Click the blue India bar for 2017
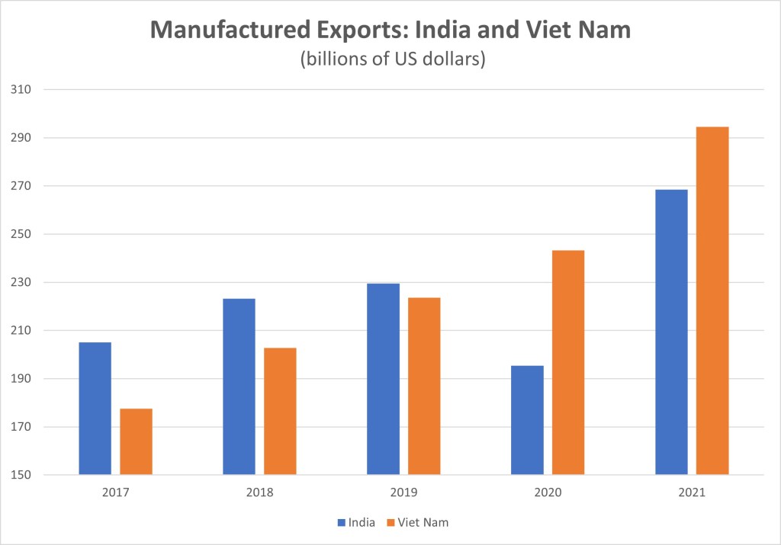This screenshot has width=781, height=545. (95, 409)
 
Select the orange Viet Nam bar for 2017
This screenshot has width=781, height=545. (136, 442)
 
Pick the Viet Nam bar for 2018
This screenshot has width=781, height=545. (280, 412)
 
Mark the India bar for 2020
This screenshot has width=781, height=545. (527, 420)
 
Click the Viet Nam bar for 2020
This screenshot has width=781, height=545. (568, 363)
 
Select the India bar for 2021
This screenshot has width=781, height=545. (671, 332)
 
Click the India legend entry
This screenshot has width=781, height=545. (355, 522)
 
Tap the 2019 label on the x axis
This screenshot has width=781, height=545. (403, 492)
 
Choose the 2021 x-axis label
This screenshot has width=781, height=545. (692, 492)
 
